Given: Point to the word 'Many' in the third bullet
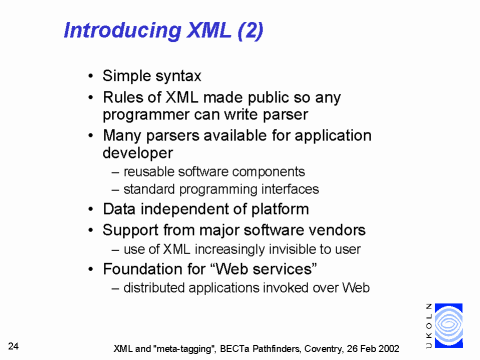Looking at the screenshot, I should pyautogui.click(x=123, y=135).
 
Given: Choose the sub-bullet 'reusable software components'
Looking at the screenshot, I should pyautogui.click(x=214, y=172).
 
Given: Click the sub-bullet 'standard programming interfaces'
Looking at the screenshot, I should pyautogui.click(x=221, y=189).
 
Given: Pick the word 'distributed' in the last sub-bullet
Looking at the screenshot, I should pyautogui.click(x=158, y=288).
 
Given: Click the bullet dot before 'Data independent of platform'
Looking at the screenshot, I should pyautogui.click(x=92, y=210).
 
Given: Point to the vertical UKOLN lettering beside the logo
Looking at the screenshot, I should pyautogui.click(x=429, y=324).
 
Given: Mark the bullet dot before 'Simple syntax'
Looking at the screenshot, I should pyautogui.click(x=92, y=77).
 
